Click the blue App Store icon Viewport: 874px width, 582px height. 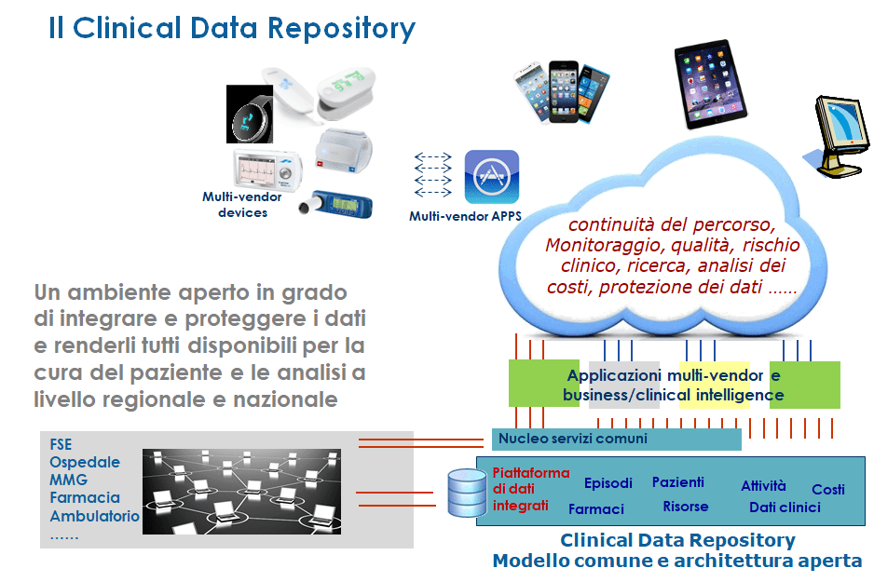pyautogui.click(x=492, y=177)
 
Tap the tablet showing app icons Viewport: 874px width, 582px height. pyautogui.click(x=710, y=84)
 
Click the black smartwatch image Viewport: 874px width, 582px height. pyautogui.click(x=250, y=115)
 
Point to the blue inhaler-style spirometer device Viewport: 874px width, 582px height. pyautogui.click(x=336, y=204)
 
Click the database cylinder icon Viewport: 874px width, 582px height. pyautogui.click(x=467, y=493)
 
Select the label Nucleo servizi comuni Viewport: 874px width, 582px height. pyautogui.click(x=573, y=439)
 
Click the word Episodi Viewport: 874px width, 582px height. pyautogui.click(x=608, y=483)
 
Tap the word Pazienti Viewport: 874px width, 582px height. pyautogui.click(x=677, y=481)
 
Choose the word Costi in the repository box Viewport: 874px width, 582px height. pyautogui.click(x=827, y=490)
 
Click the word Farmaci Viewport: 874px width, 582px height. pyautogui.click(x=595, y=509)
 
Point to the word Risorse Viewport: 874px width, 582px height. pyautogui.click(x=686, y=507)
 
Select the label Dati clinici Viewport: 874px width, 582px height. pyautogui.click(x=785, y=508)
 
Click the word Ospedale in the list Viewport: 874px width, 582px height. pyautogui.click(x=85, y=462)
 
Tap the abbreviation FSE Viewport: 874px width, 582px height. pyautogui.click(x=61, y=444)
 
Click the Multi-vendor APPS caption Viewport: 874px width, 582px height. pyautogui.click(x=466, y=216)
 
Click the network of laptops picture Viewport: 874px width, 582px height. pyautogui.click(x=241, y=492)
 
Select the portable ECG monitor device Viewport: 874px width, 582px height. pyautogui.click(x=267, y=169)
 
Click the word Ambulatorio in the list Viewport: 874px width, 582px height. pyautogui.click(x=94, y=516)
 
